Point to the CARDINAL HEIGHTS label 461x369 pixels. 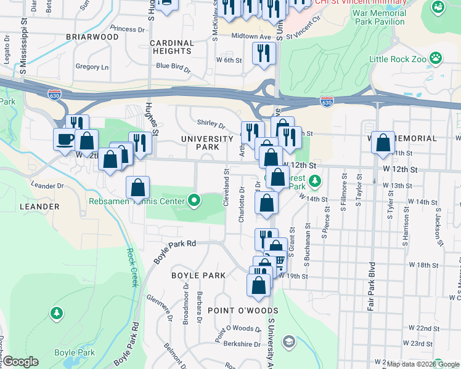coord(171,47)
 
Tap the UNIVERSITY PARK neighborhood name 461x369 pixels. coord(200,143)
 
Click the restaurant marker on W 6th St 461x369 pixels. coord(264,54)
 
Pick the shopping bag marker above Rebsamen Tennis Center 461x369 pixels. coord(138,188)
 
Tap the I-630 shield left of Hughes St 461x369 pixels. coord(54,94)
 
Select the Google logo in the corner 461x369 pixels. coord(21,362)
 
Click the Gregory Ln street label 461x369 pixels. coord(91,66)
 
